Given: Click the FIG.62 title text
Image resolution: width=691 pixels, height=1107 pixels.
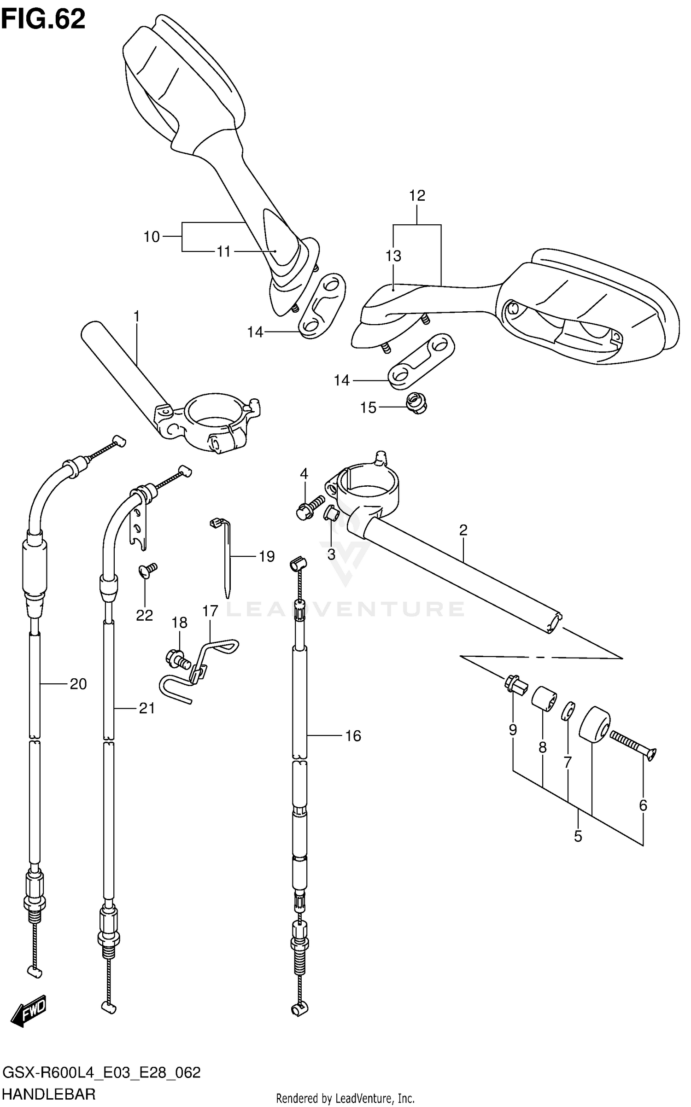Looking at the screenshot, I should click(x=43, y=19).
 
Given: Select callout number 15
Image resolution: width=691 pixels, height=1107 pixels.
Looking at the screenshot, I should click(x=368, y=408).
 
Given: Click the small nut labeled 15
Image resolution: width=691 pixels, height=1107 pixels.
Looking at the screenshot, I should click(x=416, y=403).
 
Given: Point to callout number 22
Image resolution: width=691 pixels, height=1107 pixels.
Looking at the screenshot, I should click(x=144, y=615).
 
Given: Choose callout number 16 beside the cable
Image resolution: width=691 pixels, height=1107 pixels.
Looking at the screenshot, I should click(x=353, y=736).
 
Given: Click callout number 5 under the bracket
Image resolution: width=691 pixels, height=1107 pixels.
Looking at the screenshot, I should click(x=578, y=836).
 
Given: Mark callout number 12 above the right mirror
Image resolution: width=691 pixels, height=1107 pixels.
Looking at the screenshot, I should click(x=417, y=196).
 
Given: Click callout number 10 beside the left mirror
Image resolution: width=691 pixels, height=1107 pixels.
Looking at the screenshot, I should click(x=152, y=237).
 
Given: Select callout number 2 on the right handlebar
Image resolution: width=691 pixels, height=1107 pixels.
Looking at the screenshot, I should click(x=463, y=530).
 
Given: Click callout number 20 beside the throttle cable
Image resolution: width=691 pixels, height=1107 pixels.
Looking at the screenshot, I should click(x=78, y=684).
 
